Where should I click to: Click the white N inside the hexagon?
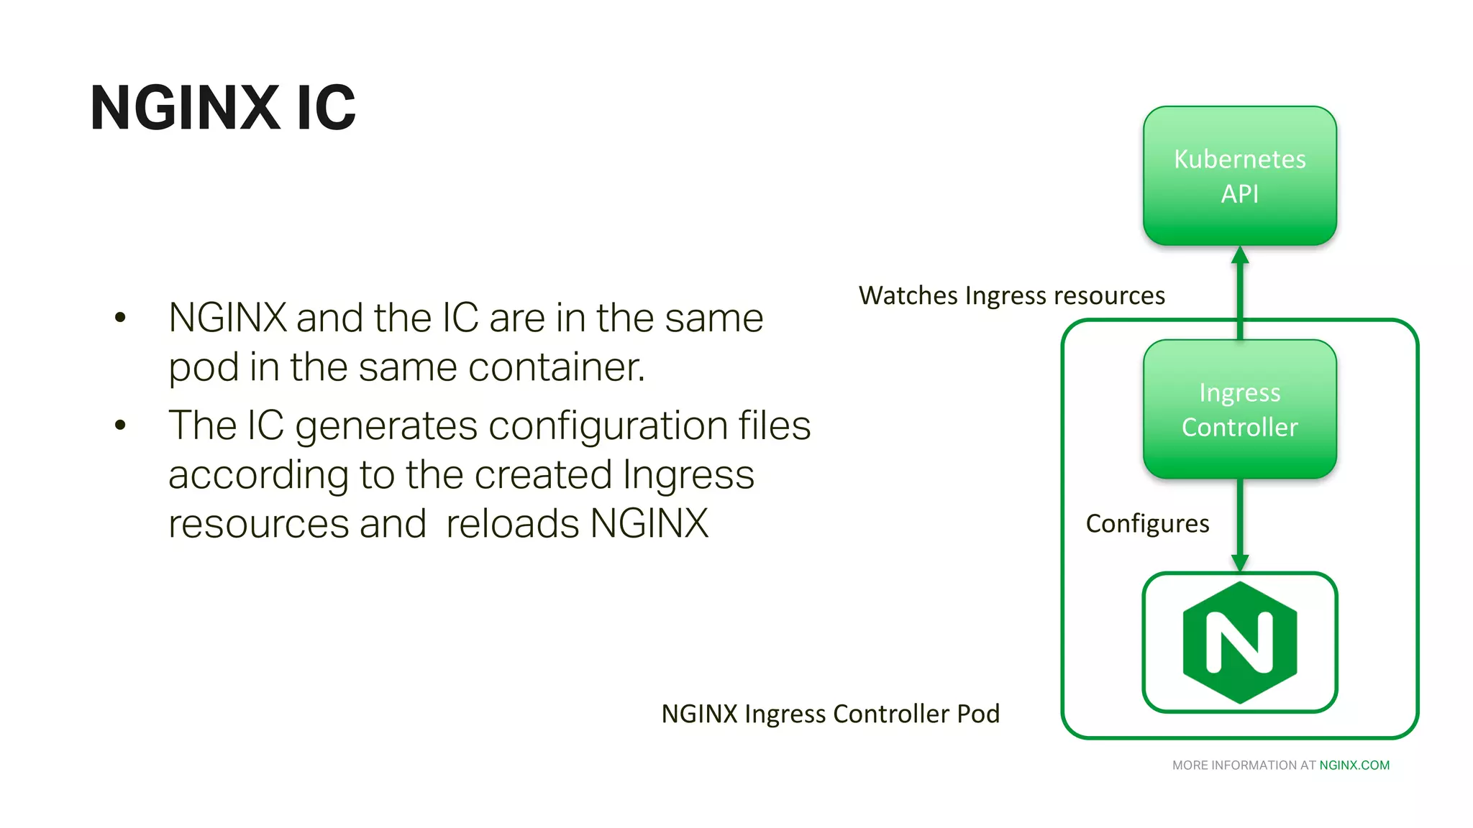[1239, 642]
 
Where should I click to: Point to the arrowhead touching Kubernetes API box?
[1239, 255]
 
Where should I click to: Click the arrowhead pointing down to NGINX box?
[1239, 563]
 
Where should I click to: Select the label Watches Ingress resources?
[1011, 295]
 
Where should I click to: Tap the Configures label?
[1147, 523]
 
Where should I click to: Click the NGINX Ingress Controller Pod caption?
[830, 714]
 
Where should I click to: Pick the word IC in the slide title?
[326, 108]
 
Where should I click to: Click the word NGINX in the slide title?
[185, 108]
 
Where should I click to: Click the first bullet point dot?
[120, 317]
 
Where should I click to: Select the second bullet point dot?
[120, 425]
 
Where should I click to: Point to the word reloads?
[512, 523]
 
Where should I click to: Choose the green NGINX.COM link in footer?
[1354, 765]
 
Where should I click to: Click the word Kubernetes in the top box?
[1239, 159]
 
